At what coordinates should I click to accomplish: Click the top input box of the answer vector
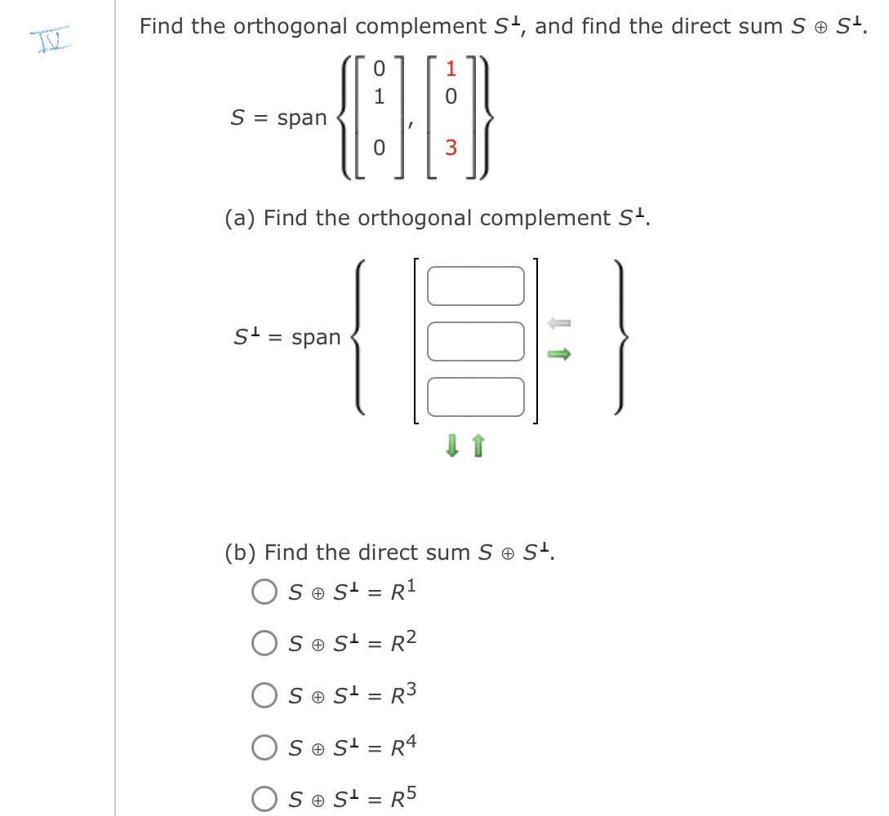[474, 285]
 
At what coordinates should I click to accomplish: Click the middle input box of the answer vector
[474, 340]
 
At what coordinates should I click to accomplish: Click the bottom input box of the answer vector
[474, 396]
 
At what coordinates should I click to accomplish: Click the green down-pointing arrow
[451, 446]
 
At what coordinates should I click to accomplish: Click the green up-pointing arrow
[479, 446]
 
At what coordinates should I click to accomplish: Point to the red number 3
[451, 149]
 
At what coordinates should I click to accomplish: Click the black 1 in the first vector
[377, 95]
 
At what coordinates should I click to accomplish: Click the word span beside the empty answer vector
[316, 337]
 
